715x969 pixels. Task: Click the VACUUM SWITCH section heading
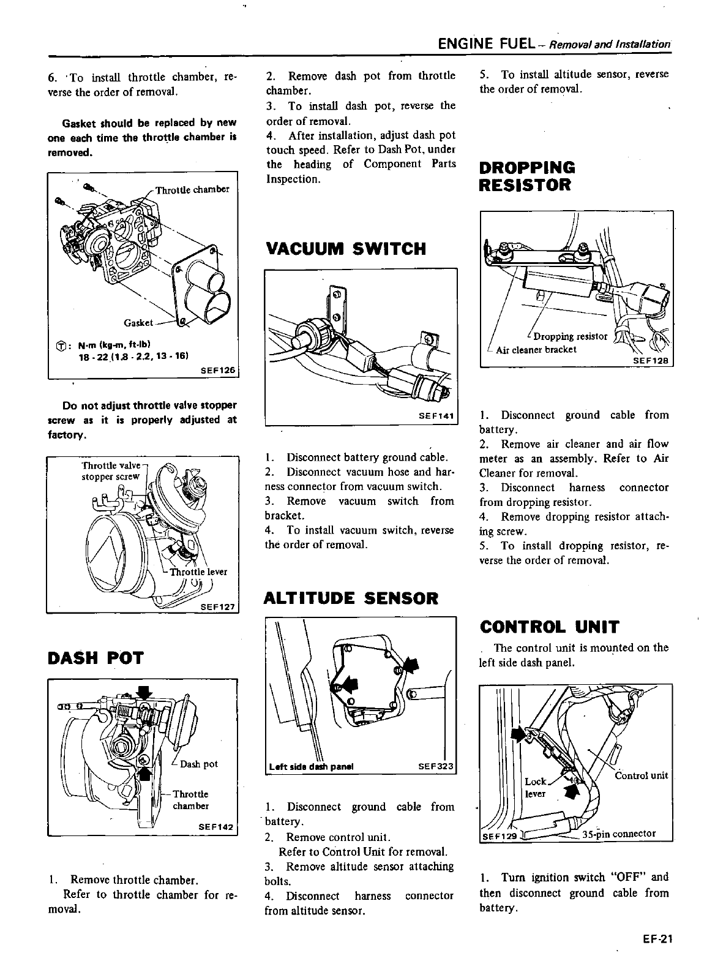pos(346,249)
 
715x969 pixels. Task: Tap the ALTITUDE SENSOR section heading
pos(351,598)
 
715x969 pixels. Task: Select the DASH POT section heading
pos(95,658)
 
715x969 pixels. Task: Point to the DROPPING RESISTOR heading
pos(528,176)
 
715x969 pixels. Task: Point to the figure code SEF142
pos(216,827)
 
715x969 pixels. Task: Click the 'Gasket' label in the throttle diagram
pos(138,322)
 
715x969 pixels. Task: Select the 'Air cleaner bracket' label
pos(536,350)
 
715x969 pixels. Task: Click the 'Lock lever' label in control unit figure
pos(536,787)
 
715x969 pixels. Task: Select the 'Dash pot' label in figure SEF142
pos(199,764)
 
